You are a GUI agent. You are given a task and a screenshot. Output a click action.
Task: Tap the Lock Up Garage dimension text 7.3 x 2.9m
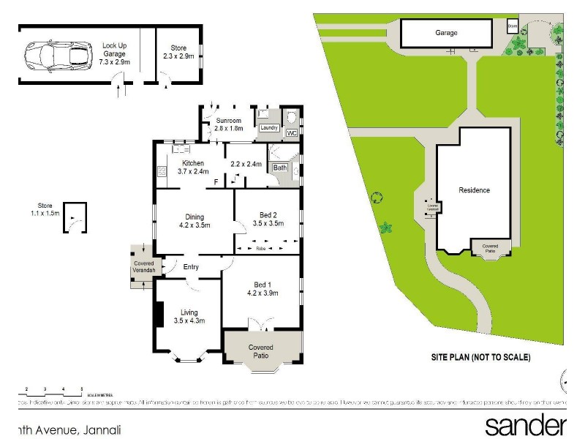(116, 62)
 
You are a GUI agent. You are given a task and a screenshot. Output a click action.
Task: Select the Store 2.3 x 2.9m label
(174, 51)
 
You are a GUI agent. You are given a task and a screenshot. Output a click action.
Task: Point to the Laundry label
(269, 128)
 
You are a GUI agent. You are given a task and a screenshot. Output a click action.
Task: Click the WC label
(290, 133)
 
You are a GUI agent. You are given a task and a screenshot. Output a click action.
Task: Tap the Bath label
(280, 168)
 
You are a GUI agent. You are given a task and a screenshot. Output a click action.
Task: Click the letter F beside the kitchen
(216, 181)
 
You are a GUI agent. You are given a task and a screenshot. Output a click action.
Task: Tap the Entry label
(191, 267)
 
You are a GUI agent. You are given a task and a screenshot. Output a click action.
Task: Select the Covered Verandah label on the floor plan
(144, 266)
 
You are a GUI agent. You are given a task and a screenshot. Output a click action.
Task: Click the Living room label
(189, 316)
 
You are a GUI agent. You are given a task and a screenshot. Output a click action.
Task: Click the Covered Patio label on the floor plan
(261, 351)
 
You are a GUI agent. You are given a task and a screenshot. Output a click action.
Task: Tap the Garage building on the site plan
(447, 33)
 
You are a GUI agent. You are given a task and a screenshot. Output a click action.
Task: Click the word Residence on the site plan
(474, 190)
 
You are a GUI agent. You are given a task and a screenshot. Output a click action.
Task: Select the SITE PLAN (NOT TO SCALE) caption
(480, 358)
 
